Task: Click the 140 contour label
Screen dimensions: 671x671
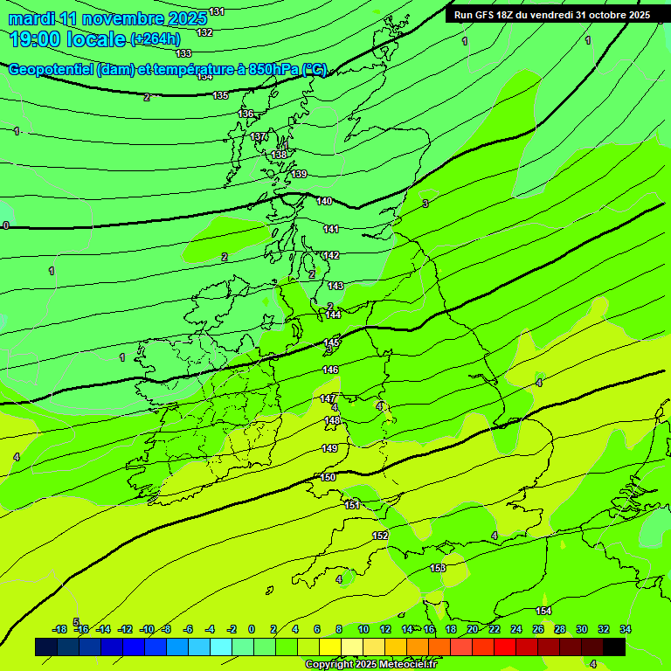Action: [325, 201]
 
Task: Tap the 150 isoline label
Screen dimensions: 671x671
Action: [328, 477]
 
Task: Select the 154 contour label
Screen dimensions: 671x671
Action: [543, 611]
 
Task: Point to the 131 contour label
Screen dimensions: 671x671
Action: [217, 11]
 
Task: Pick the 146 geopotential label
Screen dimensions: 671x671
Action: [330, 370]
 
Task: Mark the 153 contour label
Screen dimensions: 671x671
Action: [438, 568]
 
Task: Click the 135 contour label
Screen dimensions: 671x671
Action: [220, 95]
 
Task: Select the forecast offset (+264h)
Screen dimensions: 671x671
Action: [156, 38]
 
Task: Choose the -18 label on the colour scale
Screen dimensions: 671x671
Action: [59, 629]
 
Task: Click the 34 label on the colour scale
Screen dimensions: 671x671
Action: [625, 629]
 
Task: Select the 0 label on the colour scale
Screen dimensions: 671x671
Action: [252, 629]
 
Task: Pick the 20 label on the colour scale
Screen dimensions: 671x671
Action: [472, 629]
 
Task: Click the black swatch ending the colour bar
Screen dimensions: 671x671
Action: [614, 647]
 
